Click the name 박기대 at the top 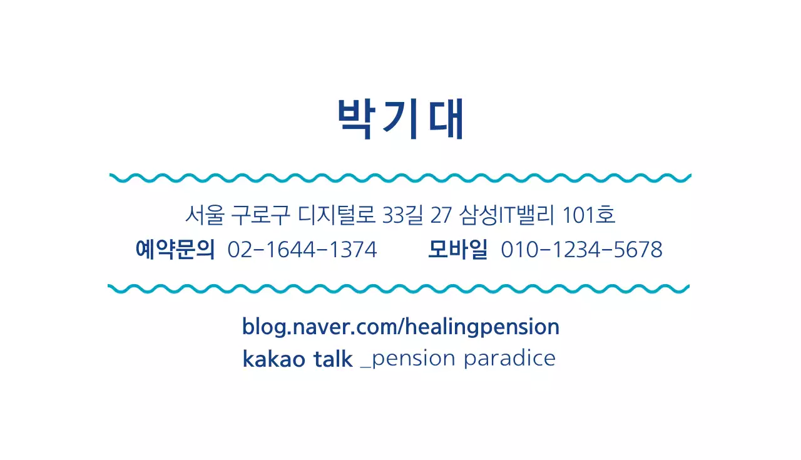[x=400, y=119]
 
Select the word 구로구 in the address [x=260, y=215]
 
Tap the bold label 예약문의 [x=175, y=249]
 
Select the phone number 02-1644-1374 [x=302, y=250]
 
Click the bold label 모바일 [x=457, y=249]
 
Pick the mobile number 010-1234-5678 [x=581, y=250]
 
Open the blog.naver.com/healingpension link [x=400, y=327]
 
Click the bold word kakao [x=273, y=359]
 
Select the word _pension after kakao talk [x=407, y=359]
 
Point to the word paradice [x=509, y=359]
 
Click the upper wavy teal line [x=400, y=178]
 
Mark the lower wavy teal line [x=400, y=289]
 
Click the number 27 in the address [x=441, y=215]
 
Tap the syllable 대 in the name [x=446, y=119]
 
